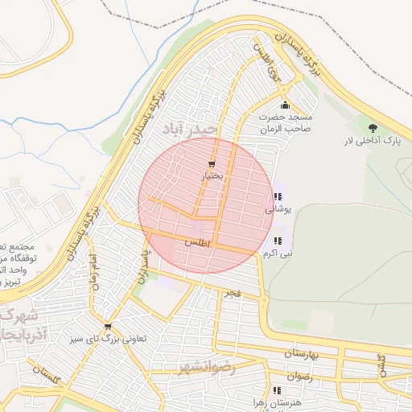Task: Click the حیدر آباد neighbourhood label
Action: [x=190, y=130]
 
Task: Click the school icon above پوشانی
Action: [x=278, y=196]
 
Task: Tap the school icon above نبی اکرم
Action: [x=278, y=241]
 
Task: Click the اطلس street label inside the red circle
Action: [x=196, y=241]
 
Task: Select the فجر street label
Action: [x=233, y=294]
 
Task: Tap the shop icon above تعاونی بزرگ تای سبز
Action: [x=108, y=326]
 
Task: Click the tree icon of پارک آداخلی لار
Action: [x=372, y=128]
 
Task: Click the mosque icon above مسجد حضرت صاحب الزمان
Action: [x=285, y=105]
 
